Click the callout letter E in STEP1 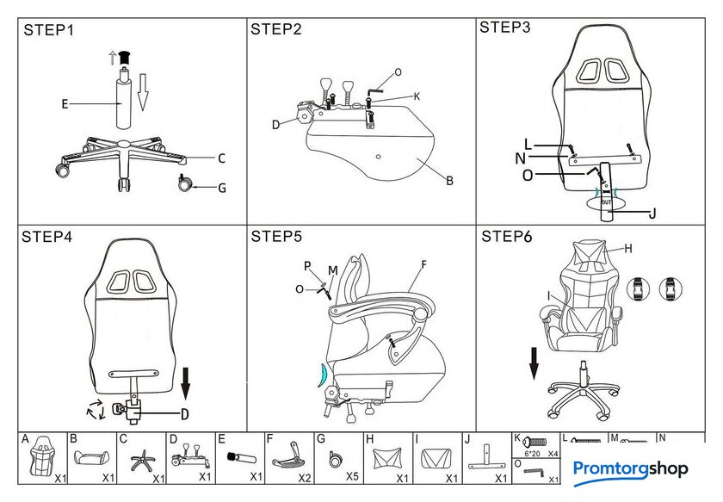tap(65, 103)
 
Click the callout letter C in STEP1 tap(221, 158)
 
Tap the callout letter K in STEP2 tap(417, 96)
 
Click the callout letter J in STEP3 tap(652, 214)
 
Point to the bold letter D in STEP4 tap(184, 414)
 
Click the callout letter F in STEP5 tap(423, 266)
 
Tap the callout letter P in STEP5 tap(307, 265)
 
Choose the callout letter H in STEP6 tap(628, 248)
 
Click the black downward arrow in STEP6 tap(534, 363)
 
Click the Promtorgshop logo tap(631, 470)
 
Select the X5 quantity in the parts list tap(353, 477)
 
